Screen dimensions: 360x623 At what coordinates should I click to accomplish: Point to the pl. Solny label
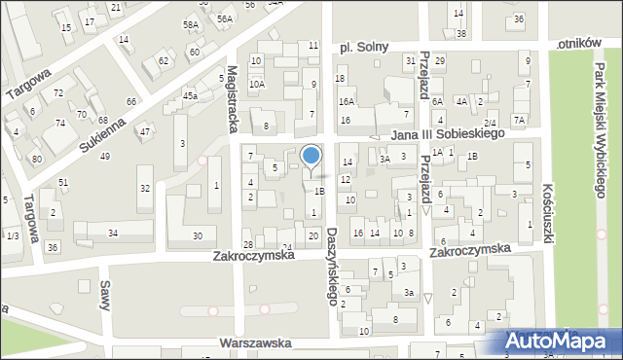(x=359, y=47)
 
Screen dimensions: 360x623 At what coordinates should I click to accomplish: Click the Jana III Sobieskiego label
(x=448, y=134)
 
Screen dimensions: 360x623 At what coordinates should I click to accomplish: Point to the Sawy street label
(x=103, y=294)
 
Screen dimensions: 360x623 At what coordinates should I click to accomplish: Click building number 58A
(x=191, y=24)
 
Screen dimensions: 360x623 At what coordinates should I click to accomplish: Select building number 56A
(x=225, y=18)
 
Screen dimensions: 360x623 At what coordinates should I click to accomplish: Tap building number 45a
(x=190, y=95)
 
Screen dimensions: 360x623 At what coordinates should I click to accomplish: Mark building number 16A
(x=346, y=101)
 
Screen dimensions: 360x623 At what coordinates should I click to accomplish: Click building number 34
(x=113, y=233)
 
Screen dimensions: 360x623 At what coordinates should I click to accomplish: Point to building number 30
(x=198, y=235)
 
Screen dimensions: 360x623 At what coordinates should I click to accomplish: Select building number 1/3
(x=12, y=235)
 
